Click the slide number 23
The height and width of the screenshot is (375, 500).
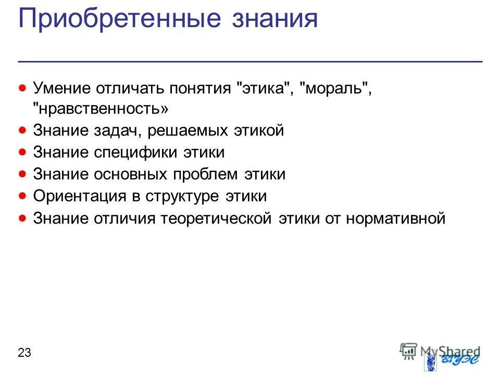[24, 353]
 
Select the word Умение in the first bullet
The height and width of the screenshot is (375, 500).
[62, 87]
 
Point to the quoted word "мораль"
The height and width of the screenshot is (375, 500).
[335, 87]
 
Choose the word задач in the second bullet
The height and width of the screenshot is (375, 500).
[118, 131]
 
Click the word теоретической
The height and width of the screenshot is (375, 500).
[216, 218]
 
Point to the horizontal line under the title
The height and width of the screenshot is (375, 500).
[250, 61]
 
